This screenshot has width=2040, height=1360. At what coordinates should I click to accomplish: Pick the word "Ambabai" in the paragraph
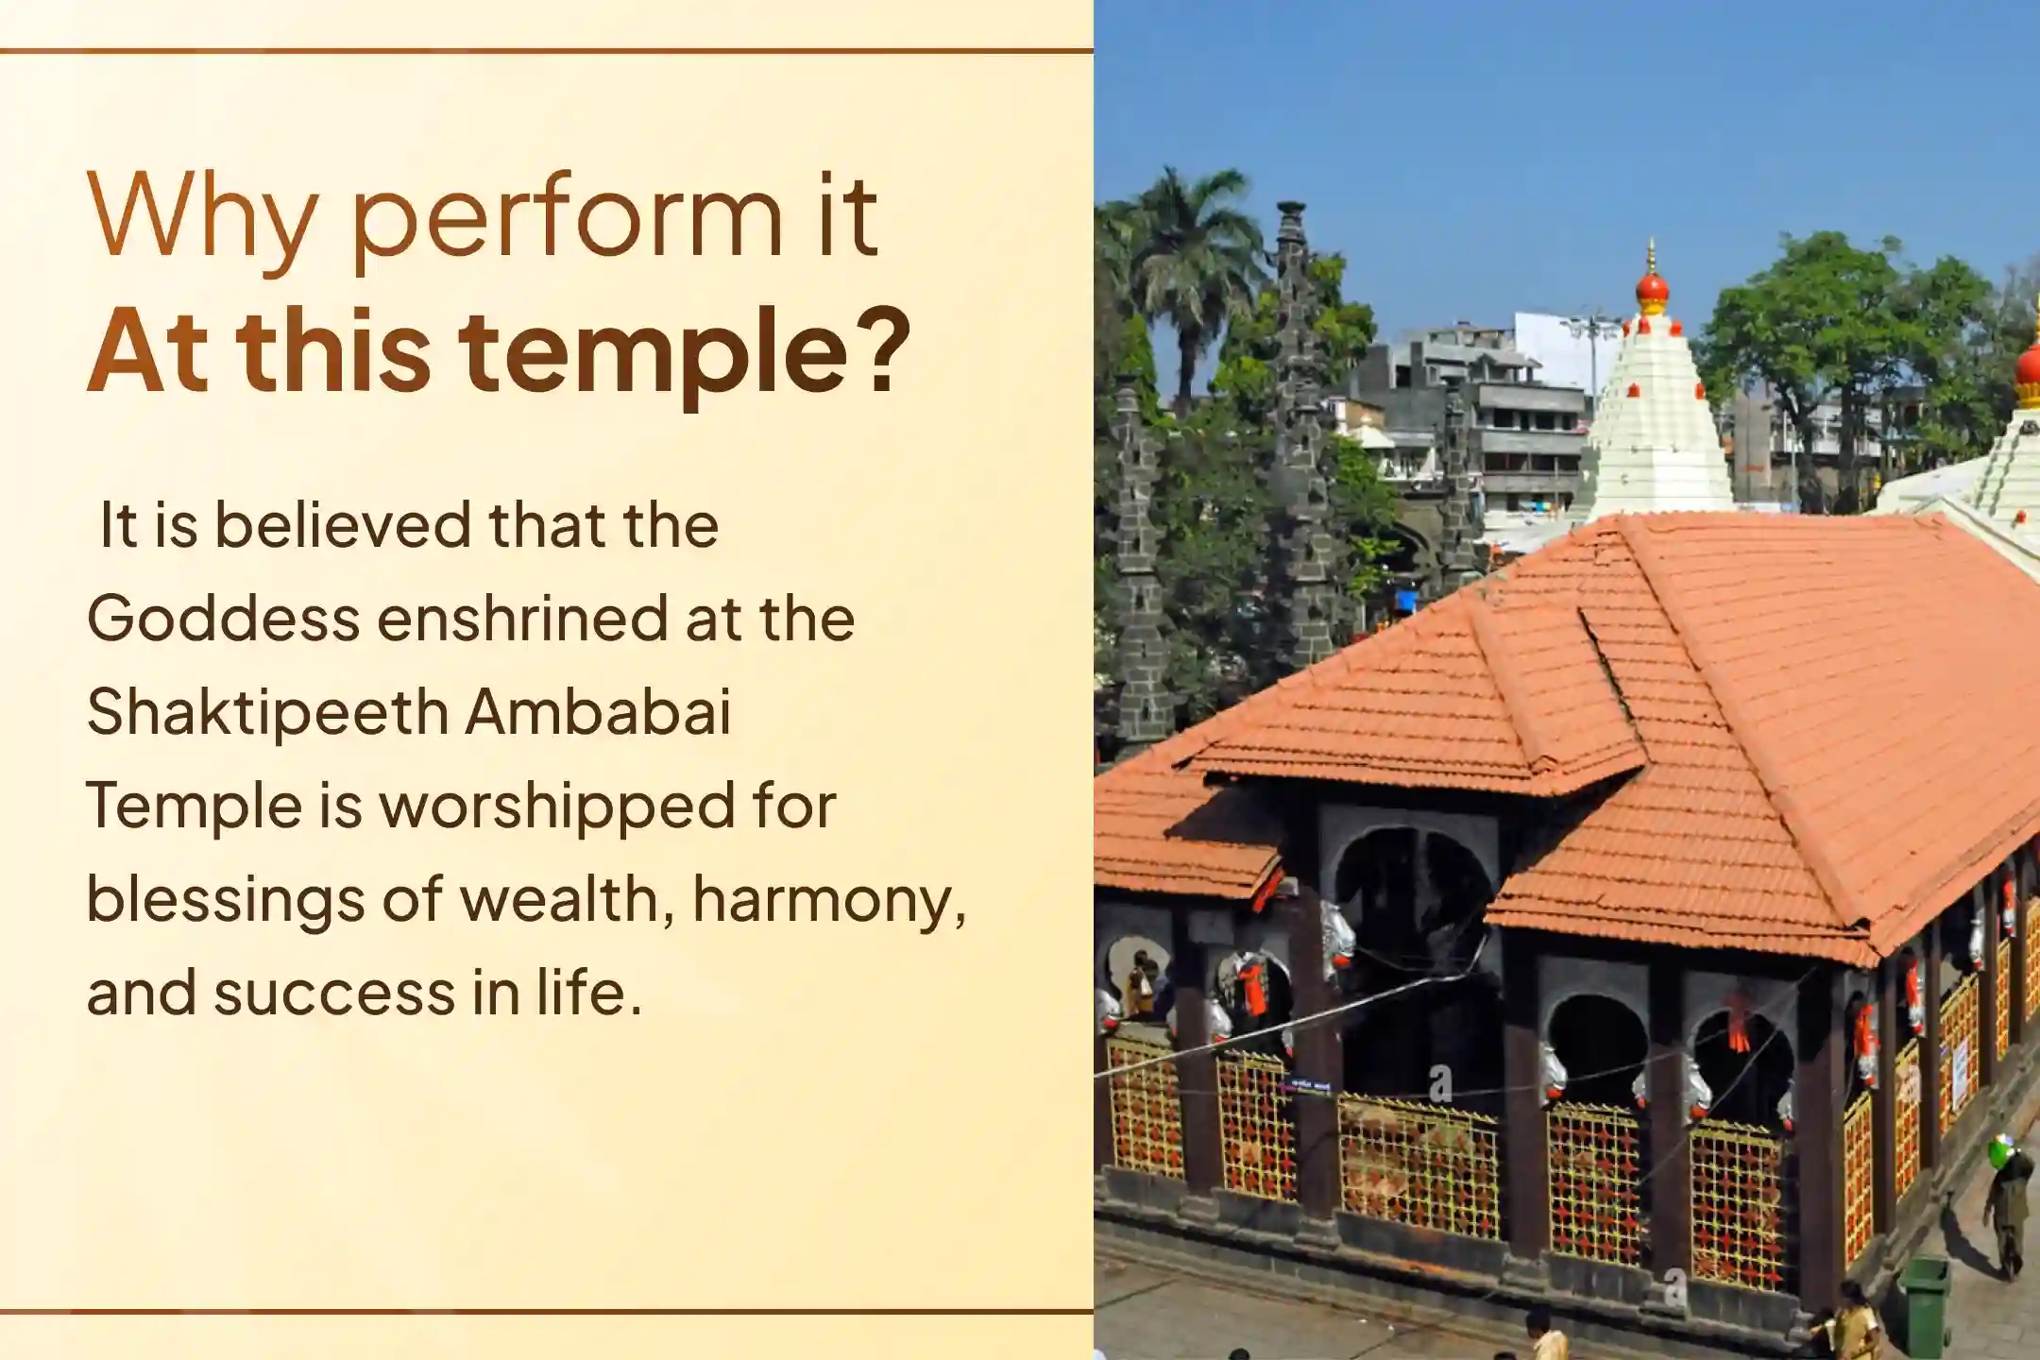[599, 711]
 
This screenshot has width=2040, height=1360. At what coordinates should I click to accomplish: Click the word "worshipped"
[556, 807]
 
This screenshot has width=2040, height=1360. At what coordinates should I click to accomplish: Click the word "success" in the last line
[335, 994]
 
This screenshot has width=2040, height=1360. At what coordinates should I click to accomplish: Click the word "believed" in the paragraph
[343, 524]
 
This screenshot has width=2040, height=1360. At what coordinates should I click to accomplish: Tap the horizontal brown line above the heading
[547, 51]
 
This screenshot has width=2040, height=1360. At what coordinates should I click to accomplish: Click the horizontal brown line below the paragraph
[547, 1311]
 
